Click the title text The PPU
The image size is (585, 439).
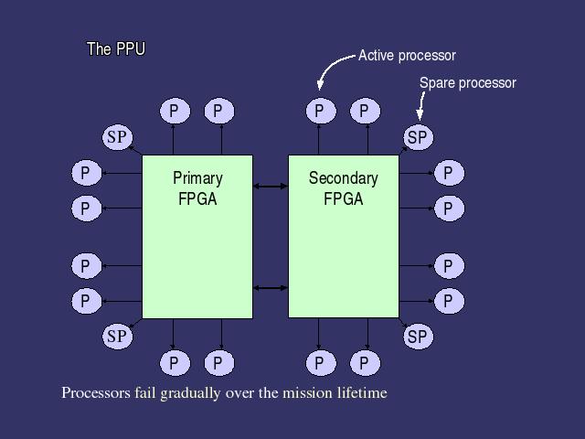(115, 48)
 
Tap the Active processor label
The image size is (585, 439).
(407, 56)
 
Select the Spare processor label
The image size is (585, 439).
(467, 83)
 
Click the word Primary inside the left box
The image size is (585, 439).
(197, 178)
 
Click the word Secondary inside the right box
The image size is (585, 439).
(343, 178)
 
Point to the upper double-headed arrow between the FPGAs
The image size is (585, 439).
(270, 187)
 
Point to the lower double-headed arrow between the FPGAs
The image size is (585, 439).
(270, 288)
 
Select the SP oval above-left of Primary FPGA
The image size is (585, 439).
(117, 137)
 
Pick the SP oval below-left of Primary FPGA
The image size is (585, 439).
(117, 337)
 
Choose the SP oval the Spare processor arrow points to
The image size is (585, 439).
(417, 138)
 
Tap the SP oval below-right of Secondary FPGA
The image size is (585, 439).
(417, 337)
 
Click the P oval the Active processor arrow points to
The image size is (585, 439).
(319, 112)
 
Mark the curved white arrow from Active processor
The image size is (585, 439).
(331, 66)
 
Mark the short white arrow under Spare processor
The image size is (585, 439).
(421, 108)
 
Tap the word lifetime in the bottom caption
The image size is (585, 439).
(362, 393)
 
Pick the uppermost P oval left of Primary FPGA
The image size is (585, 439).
(86, 173)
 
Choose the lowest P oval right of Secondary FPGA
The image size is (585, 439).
(448, 300)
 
